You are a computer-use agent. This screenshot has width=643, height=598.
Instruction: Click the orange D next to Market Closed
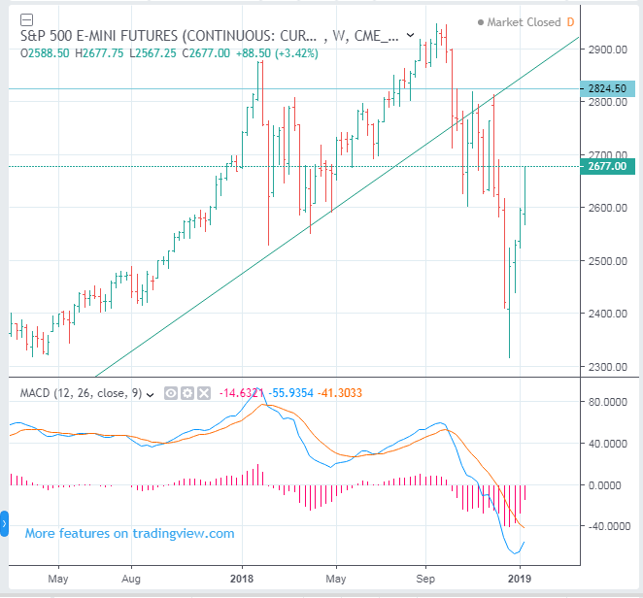(x=571, y=21)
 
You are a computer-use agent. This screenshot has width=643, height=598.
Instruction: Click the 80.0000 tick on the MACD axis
(x=612, y=401)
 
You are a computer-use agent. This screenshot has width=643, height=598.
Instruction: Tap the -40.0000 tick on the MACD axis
(x=612, y=526)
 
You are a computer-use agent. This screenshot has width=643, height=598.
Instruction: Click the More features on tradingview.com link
(x=129, y=533)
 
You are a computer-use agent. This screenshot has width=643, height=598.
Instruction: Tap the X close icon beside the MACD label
(x=203, y=393)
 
